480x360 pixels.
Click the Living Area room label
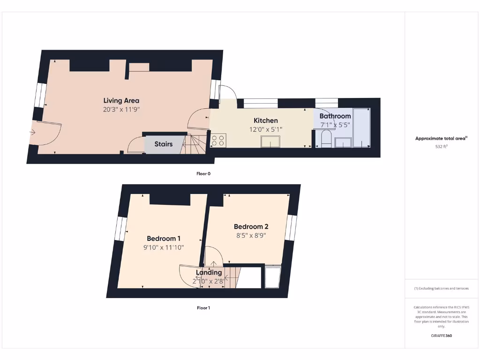tap(121, 100)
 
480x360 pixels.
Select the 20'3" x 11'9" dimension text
tap(121, 109)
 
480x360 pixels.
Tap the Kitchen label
tap(266, 120)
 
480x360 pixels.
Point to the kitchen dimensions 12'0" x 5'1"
tap(266, 129)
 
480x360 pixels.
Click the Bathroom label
tap(335, 116)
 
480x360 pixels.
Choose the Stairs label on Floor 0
tap(164, 144)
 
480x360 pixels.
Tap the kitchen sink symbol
tap(270, 141)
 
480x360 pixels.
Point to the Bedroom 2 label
tap(251, 226)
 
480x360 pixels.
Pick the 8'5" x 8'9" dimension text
tap(251, 235)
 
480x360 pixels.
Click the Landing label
tap(209, 272)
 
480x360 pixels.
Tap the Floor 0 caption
tap(203, 173)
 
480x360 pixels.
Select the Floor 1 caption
tap(203, 308)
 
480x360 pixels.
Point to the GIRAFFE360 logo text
tap(441, 336)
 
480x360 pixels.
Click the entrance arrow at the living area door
tap(32, 133)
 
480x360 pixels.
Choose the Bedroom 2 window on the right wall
tap(291, 227)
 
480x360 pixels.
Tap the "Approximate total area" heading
tap(441, 138)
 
